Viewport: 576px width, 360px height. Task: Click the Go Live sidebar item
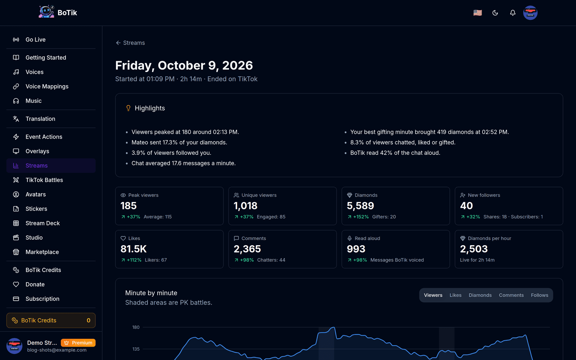pos(36,40)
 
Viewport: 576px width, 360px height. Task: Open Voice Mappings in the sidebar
pos(47,86)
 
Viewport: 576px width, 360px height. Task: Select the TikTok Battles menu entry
pos(44,180)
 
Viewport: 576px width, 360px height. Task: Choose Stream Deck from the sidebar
pos(42,223)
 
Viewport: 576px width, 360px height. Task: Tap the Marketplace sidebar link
pos(42,252)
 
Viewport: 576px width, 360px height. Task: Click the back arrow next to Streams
pos(118,43)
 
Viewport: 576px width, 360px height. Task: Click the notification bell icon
pos(513,13)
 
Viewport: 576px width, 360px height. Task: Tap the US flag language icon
pos(477,13)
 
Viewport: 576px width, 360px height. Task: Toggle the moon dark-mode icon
pos(495,13)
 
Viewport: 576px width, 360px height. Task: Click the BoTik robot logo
pos(46,12)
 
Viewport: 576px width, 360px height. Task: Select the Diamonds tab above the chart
pos(480,295)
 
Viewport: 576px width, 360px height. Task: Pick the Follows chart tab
pos(540,295)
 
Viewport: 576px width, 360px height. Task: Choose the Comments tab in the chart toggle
pos(511,295)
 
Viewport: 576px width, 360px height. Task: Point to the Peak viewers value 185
pos(128,206)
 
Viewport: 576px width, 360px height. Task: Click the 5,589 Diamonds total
pos(360,206)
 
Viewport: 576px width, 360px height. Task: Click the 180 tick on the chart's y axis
pos(136,327)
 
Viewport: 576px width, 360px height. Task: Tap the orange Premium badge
pos(78,343)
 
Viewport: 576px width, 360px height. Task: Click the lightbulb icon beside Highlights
pos(128,108)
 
